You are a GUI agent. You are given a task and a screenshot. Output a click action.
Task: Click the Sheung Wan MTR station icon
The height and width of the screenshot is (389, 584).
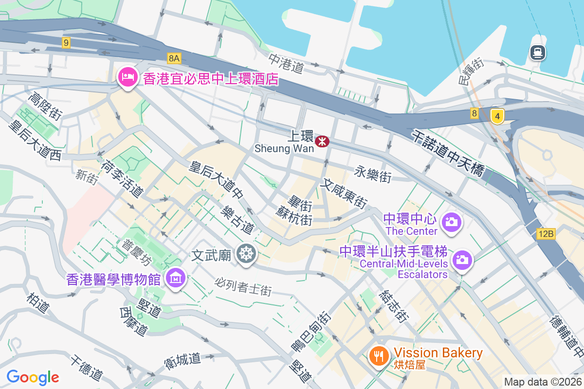[x=322, y=141]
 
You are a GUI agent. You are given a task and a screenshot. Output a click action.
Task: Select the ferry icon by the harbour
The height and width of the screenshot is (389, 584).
[x=537, y=52]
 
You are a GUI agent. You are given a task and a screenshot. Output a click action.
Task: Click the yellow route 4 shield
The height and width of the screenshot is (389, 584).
[x=497, y=117]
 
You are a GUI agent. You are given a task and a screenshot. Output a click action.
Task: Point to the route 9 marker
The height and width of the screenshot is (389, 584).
[x=66, y=43]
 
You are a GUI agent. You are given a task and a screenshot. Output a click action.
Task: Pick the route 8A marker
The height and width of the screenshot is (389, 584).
[x=174, y=58]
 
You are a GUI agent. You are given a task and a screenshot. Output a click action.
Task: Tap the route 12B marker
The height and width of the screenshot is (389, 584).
[x=546, y=234]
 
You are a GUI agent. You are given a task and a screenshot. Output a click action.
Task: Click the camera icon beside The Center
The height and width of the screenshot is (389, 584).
[x=451, y=223]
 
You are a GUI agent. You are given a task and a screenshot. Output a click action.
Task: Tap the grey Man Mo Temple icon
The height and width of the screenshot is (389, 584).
[x=246, y=254]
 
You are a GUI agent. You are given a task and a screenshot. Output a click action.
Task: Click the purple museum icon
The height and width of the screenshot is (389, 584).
[x=175, y=279]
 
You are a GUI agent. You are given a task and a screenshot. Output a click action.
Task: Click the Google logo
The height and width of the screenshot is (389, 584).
[x=33, y=377]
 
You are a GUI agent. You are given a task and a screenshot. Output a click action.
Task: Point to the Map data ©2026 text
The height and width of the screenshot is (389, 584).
[x=543, y=382]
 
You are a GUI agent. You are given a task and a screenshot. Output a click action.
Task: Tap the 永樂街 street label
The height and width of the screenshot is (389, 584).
[x=373, y=174]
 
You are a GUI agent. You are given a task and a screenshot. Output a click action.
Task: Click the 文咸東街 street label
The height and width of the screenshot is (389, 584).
[x=344, y=194]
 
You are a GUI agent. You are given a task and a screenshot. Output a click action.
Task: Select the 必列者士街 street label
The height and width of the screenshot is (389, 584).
[x=243, y=286]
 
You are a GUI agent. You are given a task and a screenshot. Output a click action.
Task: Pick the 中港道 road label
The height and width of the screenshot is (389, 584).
[x=287, y=63]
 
